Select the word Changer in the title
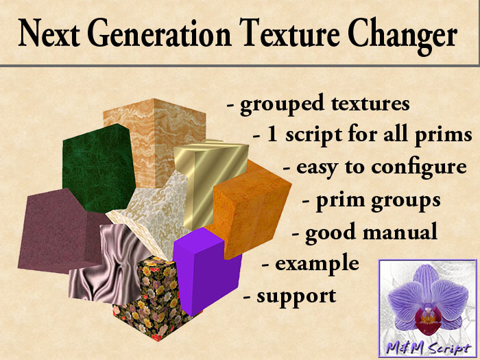pos(403,36)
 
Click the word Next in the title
pos(49,33)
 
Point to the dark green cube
pos(98,169)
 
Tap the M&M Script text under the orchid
pos(428,348)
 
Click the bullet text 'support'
pos(296,297)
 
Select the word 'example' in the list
pos(317,264)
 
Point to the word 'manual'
pos(400,232)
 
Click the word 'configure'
pos(419,168)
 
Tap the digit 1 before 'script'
pos(272,134)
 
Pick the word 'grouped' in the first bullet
pos(282,104)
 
